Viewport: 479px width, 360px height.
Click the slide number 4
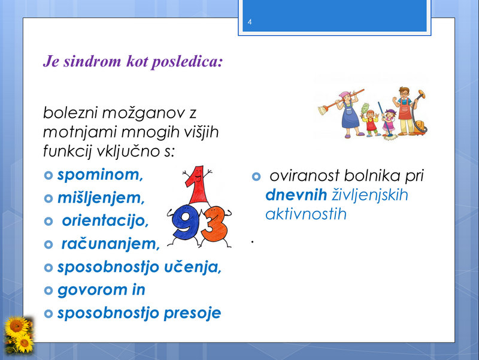click(250, 22)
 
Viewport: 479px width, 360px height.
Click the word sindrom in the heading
click(92, 61)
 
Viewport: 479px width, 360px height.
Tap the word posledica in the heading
click(187, 62)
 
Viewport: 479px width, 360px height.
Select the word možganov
click(143, 113)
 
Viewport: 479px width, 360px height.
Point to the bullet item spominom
click(100, 175)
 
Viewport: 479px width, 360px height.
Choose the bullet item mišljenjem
click(101, 198)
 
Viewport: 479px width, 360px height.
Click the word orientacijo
click(105, 220)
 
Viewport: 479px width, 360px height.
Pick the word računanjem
click(111, 244)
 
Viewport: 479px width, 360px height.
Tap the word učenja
click(193, 267)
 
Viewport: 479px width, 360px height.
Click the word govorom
click(93, 291)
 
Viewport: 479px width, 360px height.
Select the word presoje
click(192, 313)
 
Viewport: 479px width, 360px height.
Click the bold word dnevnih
click(296, 195)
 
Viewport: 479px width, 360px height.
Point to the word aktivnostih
click(306, 214)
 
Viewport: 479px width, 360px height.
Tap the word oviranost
click(304, 176)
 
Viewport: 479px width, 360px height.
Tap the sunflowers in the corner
click(19, 335)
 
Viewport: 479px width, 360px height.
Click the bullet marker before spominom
click(48, 176)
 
